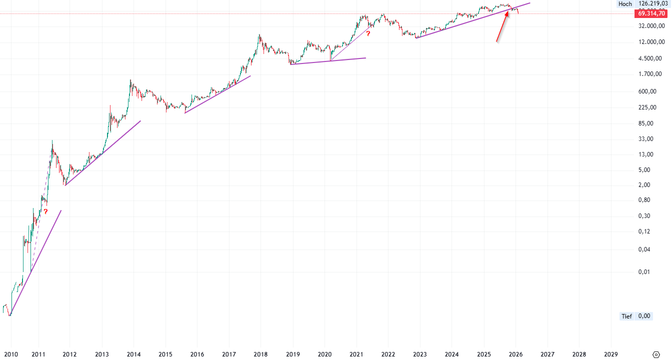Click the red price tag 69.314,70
pyautogui.click(x=651, y=13)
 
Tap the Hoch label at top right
pyautogui.click(x=625, y=4)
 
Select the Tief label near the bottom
pyautogui.click(x=626, y=316)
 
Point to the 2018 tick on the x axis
pyautogui.click(x=260, y=354)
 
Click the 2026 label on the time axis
pyautogui.click(x=515, y=354)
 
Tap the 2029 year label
pyautogui.click(x=610, y=354)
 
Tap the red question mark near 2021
pyautogui.click(x=368, y=33)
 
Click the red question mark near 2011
pyautogui.click(x=45, y=211)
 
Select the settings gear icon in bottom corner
pyautogui.click(x=658, y=354)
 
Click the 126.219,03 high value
pyautogui.click(x=652, y=4)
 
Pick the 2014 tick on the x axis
pyautogui.click(x=133, y=354)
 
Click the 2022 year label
pyautogui.click(x=388, y=354)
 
